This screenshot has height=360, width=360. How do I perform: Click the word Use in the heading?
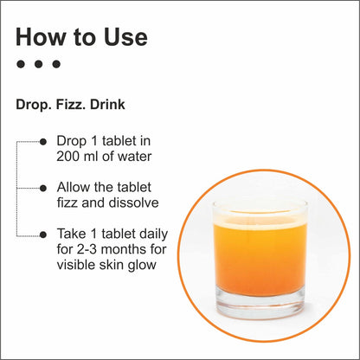[125, 37]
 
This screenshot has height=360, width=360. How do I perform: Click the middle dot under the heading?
[38, 64]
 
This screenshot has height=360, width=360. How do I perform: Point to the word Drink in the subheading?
[107, 105]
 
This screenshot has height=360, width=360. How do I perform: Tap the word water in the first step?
[135, 157]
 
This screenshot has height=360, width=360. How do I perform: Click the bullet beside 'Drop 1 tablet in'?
[43, 142]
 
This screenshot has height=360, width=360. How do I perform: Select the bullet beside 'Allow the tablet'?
[43, 189]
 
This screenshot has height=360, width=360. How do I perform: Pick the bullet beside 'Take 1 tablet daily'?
[43, 235]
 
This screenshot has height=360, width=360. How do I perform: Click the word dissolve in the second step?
[134, 202]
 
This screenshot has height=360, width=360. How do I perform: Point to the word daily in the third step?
[154, 235]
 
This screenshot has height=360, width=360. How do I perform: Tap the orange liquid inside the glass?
[260, 260]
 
